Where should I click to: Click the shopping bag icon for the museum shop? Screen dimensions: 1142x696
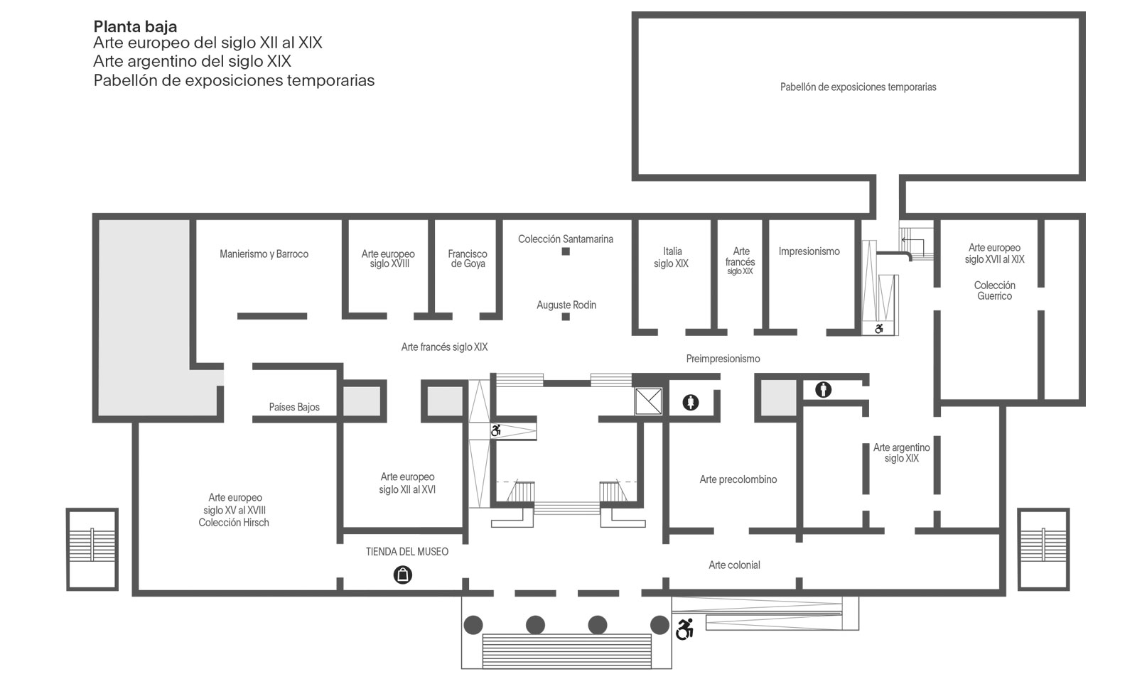403,575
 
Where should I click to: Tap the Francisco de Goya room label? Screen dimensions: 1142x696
468,259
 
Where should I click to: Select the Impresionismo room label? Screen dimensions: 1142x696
809,251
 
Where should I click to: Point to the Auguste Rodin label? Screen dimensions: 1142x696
566,305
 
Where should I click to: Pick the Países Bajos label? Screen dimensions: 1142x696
294,407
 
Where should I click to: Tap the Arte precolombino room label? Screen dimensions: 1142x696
738,479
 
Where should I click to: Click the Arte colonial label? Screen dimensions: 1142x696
734,565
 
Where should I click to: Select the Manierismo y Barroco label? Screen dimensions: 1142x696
264,254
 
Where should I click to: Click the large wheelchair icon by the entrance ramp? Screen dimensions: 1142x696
684,629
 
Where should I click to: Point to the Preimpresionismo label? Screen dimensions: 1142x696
723,359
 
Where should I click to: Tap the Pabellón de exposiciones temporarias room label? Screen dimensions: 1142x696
858,87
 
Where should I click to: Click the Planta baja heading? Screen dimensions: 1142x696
135,26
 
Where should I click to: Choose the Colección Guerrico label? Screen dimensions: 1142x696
995,290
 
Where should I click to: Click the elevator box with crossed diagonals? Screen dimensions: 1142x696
649,401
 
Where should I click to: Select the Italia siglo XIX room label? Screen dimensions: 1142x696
672,257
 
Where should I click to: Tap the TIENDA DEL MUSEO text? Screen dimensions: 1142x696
406,551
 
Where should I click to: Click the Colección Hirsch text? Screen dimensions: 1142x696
234,522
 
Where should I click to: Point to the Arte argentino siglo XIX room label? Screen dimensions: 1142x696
901,453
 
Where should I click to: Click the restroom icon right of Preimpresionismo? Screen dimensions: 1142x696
824,390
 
